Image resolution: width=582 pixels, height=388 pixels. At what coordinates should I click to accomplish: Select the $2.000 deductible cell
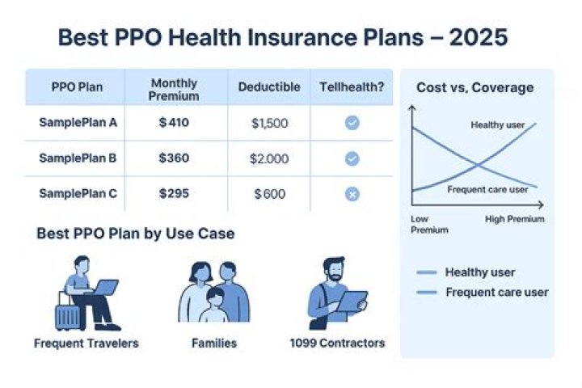pos(269,158)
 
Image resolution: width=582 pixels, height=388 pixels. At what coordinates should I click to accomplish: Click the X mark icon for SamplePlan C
pos(352,194)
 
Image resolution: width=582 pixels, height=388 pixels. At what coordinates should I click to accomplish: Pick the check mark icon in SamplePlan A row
pos(352,123)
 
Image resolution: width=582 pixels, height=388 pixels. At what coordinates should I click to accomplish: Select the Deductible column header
pos(269,86)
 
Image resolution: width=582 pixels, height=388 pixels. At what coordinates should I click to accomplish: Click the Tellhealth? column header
pos(352,86)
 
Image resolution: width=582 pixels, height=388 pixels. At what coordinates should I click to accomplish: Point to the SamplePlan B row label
pos(78,158)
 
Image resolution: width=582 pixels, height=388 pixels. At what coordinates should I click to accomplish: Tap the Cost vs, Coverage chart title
pos(474,87)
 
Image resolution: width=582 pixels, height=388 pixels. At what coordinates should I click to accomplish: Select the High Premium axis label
pos(515,219)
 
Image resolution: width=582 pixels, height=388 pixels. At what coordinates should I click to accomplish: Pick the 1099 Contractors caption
pos(337,343)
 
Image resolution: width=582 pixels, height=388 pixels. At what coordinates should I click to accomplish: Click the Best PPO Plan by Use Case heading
pos(136,234)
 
